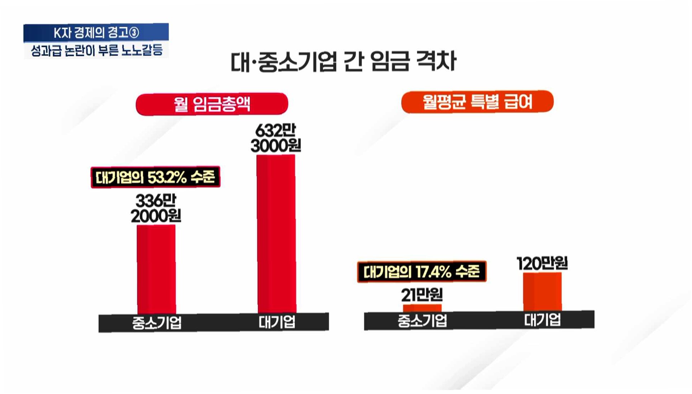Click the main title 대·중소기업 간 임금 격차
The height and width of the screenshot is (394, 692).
(x=343, y=61)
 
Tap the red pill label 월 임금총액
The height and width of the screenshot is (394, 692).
(x=212, y=104)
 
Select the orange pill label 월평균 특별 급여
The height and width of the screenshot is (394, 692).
(x=477, y=102)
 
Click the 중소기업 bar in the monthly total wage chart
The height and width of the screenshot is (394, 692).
(x=156, y=270)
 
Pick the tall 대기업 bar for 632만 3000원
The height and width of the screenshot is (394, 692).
(x=276, y=234)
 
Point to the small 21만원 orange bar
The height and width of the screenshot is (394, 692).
(x=422, y=308)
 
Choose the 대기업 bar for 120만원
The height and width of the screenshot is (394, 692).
(x=542, y=292)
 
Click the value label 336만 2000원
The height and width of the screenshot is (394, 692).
(x=156, y=208)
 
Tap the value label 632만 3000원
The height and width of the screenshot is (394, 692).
(x=276, y=139)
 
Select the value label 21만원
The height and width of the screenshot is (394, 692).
(x=422, y=295)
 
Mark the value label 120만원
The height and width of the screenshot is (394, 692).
(x=542, y=263)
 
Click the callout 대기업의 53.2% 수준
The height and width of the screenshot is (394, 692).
(x=156, y=177)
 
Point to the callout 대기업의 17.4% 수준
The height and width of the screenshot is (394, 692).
(x=422, y=272)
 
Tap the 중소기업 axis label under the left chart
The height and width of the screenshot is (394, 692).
(x=157, y=323)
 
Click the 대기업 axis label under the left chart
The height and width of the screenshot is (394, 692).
(x=277, y=322)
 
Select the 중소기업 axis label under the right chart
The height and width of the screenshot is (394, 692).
(x=422, y=320)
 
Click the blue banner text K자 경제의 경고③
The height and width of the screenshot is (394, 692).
(x=96, y=33)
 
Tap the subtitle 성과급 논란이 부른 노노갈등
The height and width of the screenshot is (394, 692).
(x=97, y=50)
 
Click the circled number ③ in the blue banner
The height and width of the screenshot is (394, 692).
(x=134, y=33)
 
